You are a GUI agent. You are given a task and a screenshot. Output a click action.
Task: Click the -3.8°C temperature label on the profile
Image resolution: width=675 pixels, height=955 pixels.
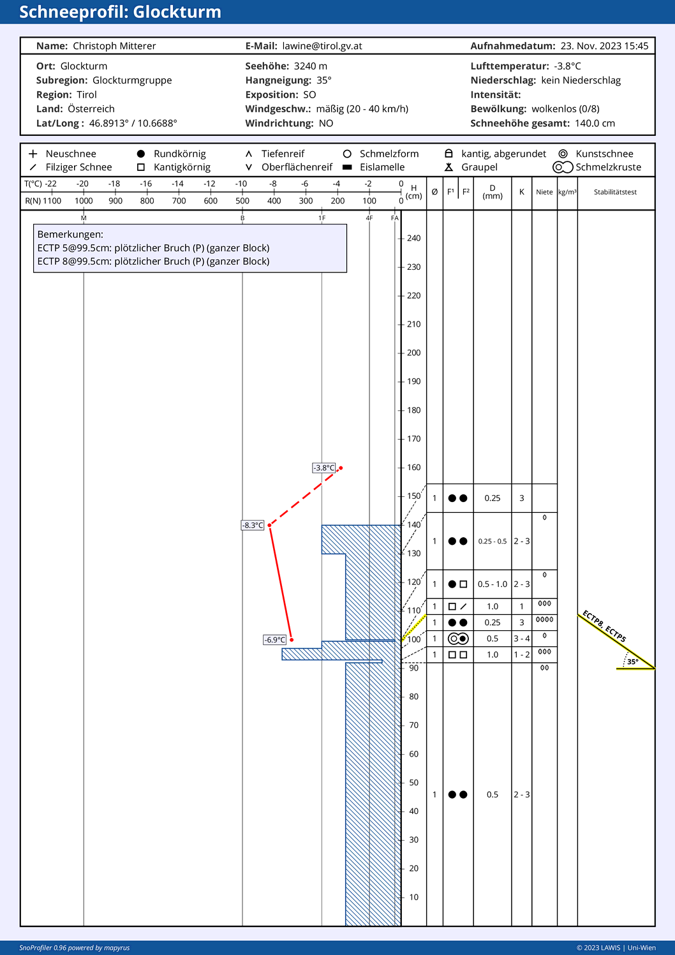tap(324, 468)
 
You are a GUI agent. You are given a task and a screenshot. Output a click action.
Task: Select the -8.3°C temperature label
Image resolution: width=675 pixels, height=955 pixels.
tap(253, 525)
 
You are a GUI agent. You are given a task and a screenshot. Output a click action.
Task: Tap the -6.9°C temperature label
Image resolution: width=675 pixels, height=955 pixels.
tap(275, 640)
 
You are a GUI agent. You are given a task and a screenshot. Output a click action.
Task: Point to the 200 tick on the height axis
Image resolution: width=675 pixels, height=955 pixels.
tap(413, 353)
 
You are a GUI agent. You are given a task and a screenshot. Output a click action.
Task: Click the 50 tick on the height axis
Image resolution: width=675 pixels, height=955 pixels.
tap(413, 783)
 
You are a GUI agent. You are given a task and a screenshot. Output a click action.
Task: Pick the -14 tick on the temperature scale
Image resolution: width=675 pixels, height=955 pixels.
tap(177, 184)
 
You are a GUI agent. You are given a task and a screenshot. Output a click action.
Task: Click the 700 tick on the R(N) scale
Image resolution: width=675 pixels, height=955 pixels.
tap(179, 201)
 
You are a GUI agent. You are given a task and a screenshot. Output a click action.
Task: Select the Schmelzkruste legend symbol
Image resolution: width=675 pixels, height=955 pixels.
tap(562, 167)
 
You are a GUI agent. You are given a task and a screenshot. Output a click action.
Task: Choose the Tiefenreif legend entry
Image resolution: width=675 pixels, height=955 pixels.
tap(283, 154)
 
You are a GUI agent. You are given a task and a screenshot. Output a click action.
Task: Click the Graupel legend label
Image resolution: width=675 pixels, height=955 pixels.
tap(479, 167)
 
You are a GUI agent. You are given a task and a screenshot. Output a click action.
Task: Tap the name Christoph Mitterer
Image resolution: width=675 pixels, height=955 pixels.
tap(114, 46)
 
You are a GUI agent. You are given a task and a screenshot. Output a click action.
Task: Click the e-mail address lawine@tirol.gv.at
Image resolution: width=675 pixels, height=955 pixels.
tap(322, 46)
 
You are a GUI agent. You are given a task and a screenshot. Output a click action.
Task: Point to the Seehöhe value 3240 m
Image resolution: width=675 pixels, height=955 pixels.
tap(310, 66)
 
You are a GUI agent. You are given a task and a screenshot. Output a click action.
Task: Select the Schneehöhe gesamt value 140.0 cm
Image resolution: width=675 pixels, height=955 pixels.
tap(595, 123)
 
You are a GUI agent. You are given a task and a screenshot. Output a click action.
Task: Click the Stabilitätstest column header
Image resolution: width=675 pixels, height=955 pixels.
tap(615, 192)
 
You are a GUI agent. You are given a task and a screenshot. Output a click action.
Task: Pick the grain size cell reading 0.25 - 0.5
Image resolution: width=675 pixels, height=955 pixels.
tap(493, 542)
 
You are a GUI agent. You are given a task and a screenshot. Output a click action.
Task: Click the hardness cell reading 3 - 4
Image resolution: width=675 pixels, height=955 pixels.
tap(522, 639)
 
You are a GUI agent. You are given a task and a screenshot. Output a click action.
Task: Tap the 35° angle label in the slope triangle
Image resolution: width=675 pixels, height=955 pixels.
tap(632, 662)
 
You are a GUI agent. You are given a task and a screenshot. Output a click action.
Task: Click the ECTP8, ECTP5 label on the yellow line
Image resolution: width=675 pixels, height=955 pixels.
tap(604, 626)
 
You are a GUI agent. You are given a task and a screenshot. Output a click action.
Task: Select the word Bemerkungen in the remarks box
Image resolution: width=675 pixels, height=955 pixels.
tap(70, 234)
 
